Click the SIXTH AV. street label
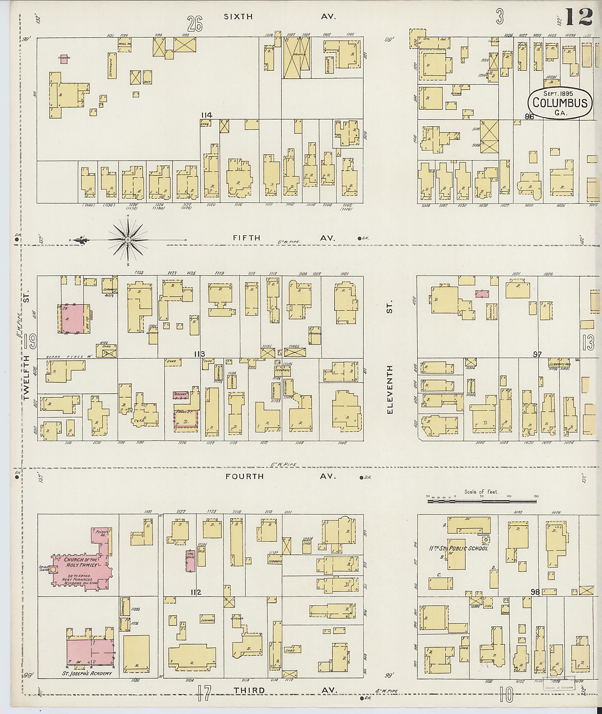pyautogui.click(x=280, y=17)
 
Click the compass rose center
pyautogui.click(x=128, y=240)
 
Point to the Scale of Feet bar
pyautogui.click(x=481, y=502)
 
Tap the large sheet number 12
pyautogui.click(x=579, y=17)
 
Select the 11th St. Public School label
pyautogui.click(x=458, y=549)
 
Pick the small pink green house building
pyautogui.click(x=63, y=58)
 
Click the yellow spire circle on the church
pyautogui.click(x=53, y=570)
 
